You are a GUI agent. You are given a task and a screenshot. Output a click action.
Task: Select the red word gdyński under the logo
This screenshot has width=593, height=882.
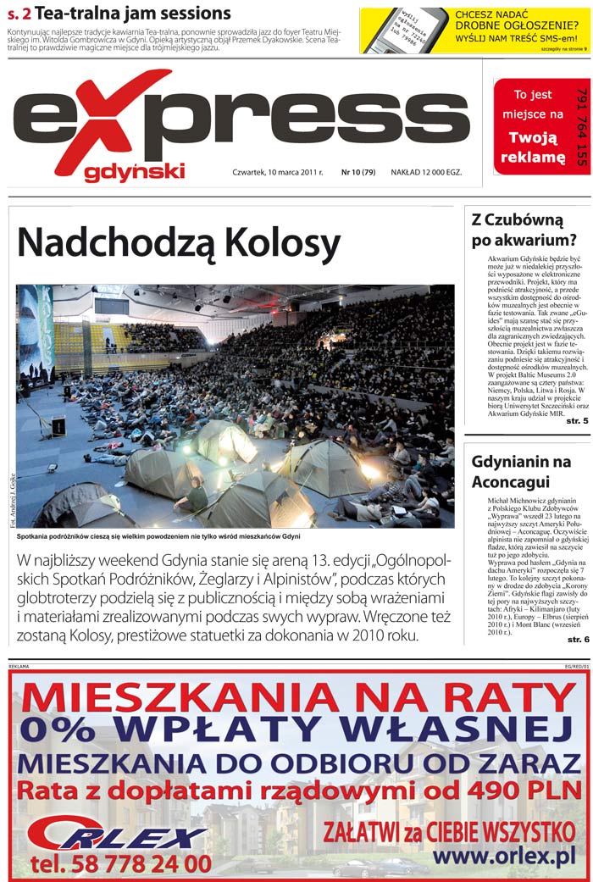[x=134, y=172]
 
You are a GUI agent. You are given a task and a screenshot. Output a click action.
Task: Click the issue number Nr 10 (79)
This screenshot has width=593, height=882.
[x=357, y=172]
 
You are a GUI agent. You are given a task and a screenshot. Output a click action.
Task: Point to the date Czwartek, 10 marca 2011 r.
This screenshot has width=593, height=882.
[x=278, y=172]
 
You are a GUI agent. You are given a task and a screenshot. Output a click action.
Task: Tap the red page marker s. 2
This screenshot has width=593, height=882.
[x=19, y=14]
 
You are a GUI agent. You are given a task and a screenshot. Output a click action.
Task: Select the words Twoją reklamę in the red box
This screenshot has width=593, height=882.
[x=532, y=148]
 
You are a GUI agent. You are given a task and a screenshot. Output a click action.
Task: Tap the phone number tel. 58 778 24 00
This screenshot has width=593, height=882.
[x=120, y=863]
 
